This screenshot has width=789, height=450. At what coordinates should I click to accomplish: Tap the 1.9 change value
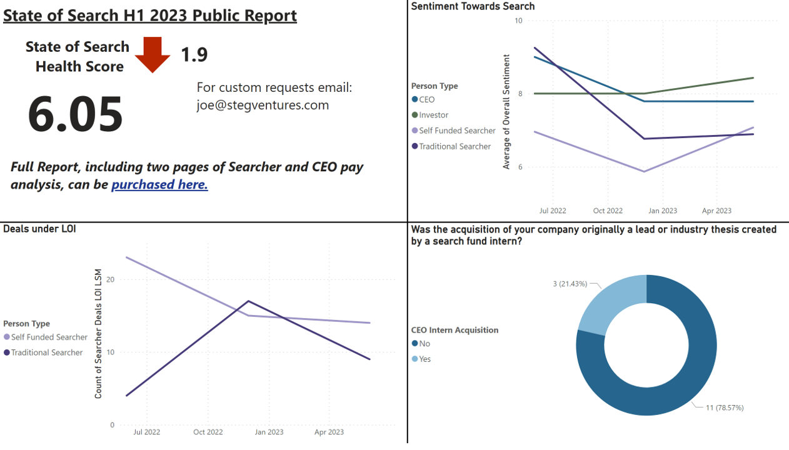[x=194, y=55]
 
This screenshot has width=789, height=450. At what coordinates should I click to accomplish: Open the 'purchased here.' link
[x=159, y=184]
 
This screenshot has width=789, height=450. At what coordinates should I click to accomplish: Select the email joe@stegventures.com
[x=263, y=105]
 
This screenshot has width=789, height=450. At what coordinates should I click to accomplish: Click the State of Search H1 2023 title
[x=150, y=15]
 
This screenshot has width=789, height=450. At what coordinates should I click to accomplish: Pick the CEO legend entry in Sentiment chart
[x=426, y=99]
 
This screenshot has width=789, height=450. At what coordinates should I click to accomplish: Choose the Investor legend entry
[x=433, y=115]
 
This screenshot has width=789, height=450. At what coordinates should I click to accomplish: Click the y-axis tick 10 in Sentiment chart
[x=518, y=21]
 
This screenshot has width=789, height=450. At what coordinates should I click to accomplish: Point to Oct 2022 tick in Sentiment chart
[x=608, y=211]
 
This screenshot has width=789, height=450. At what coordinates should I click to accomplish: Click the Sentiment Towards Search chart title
[x=473, y=6]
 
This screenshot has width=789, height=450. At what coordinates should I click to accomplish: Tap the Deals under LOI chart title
[x=39, y=229]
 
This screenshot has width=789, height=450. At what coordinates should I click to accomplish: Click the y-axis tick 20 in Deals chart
[x=111, y=279]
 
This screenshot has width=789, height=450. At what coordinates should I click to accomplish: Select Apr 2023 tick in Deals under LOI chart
[x=329, y=432]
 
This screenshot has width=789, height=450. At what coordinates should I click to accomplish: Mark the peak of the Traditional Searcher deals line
[x=249, y=301]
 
